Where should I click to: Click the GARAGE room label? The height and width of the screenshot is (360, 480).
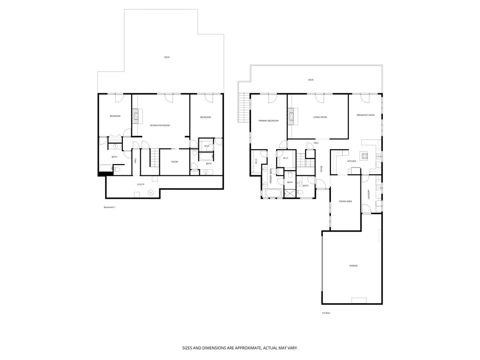coord(353,266)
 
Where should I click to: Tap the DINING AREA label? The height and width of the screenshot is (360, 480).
coord(345,201)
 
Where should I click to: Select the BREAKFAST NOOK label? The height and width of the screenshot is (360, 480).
coord(366,115)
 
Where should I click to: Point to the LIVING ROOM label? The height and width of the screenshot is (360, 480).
coord(320,117)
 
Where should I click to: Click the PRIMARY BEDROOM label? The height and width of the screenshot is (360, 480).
coord(269,120)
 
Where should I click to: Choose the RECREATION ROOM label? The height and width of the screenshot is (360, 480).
coord(159,126)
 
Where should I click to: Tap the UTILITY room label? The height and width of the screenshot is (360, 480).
coord(141,184)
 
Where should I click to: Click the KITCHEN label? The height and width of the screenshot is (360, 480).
coord(352,161)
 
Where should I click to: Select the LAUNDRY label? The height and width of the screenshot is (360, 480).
coord(369,194)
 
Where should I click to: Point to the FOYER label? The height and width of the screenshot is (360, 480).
coord(322,169)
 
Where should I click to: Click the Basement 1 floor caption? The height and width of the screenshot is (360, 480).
coord(109,207)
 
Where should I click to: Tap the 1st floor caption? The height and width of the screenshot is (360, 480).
coord(326,313)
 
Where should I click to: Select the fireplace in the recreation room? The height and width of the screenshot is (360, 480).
coord(136,115)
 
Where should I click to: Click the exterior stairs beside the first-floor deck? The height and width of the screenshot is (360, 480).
coord(243,107)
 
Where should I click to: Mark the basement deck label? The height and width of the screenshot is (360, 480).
coord(167,57)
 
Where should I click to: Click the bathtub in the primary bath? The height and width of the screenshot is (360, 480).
coord(273,194)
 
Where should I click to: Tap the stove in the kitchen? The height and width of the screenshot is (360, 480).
coord(364,156)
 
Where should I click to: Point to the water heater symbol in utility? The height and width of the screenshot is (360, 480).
coord(151,192)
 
